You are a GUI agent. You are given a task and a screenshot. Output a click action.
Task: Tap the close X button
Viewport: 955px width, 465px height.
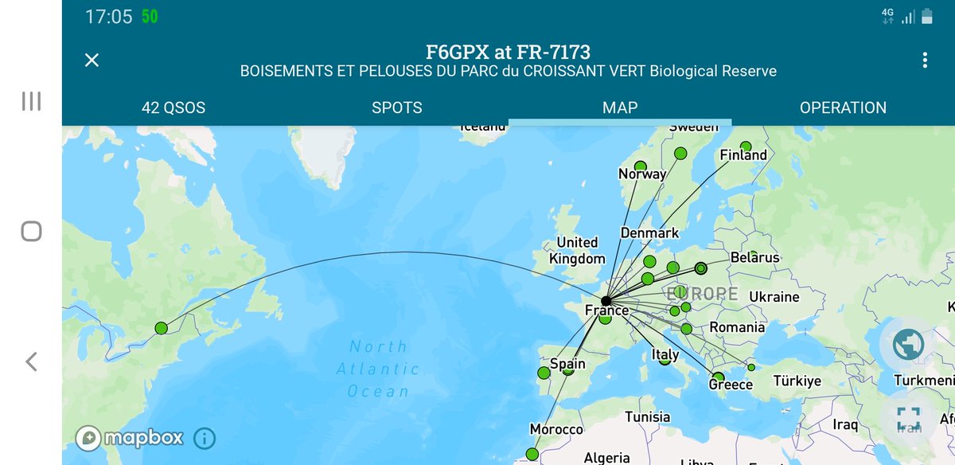(92, 60)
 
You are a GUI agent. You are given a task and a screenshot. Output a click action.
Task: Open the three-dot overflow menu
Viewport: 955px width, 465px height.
(925, 61)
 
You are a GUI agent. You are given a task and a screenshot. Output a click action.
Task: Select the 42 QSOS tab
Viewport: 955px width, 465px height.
(173, 107)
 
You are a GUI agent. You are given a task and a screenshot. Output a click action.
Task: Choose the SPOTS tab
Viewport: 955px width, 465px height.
(396, 107)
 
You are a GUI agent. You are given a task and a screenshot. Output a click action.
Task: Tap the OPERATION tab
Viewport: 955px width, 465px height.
(843, 107)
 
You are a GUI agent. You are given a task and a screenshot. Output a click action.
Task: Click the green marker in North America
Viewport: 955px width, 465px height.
(162, 328)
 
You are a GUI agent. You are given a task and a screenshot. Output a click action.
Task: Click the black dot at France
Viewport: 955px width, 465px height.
(606, 301)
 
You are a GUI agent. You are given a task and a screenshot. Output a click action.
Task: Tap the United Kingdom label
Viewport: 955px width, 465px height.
(577, 251)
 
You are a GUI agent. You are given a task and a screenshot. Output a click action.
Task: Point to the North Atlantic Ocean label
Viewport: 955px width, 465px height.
(378, 369)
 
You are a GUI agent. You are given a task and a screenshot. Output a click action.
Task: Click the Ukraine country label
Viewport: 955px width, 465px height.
(774, 297)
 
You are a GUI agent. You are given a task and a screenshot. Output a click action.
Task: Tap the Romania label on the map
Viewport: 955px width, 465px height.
(737, 327)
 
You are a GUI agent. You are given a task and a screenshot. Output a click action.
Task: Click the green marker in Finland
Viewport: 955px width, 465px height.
(746, 147)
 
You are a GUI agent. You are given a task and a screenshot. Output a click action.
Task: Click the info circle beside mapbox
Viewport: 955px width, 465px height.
(205, 438)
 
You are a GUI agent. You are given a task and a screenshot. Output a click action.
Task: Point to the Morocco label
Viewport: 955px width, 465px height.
(556, 430)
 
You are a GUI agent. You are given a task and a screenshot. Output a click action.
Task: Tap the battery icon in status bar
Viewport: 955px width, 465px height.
(928, 17)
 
